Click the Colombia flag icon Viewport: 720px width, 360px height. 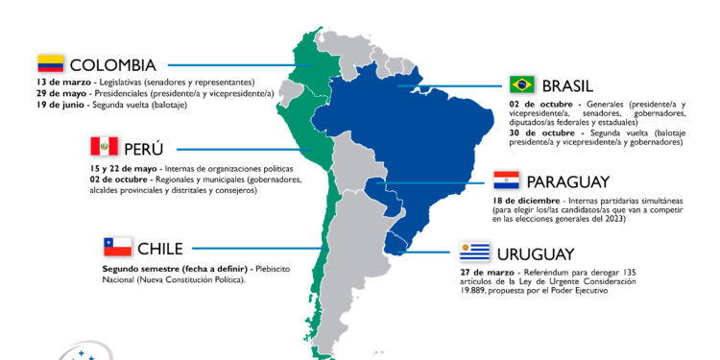click(x=50, y=64)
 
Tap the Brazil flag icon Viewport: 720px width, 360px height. click(x=522, y=84)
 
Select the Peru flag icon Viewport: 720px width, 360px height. click(x=104, y=147)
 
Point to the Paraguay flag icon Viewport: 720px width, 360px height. click(x=506, y=180)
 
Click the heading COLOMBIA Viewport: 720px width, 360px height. click(x=112, y=65)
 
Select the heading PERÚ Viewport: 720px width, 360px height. click(x=144, y=149)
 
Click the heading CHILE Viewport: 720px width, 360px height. click(x=160, y=248)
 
